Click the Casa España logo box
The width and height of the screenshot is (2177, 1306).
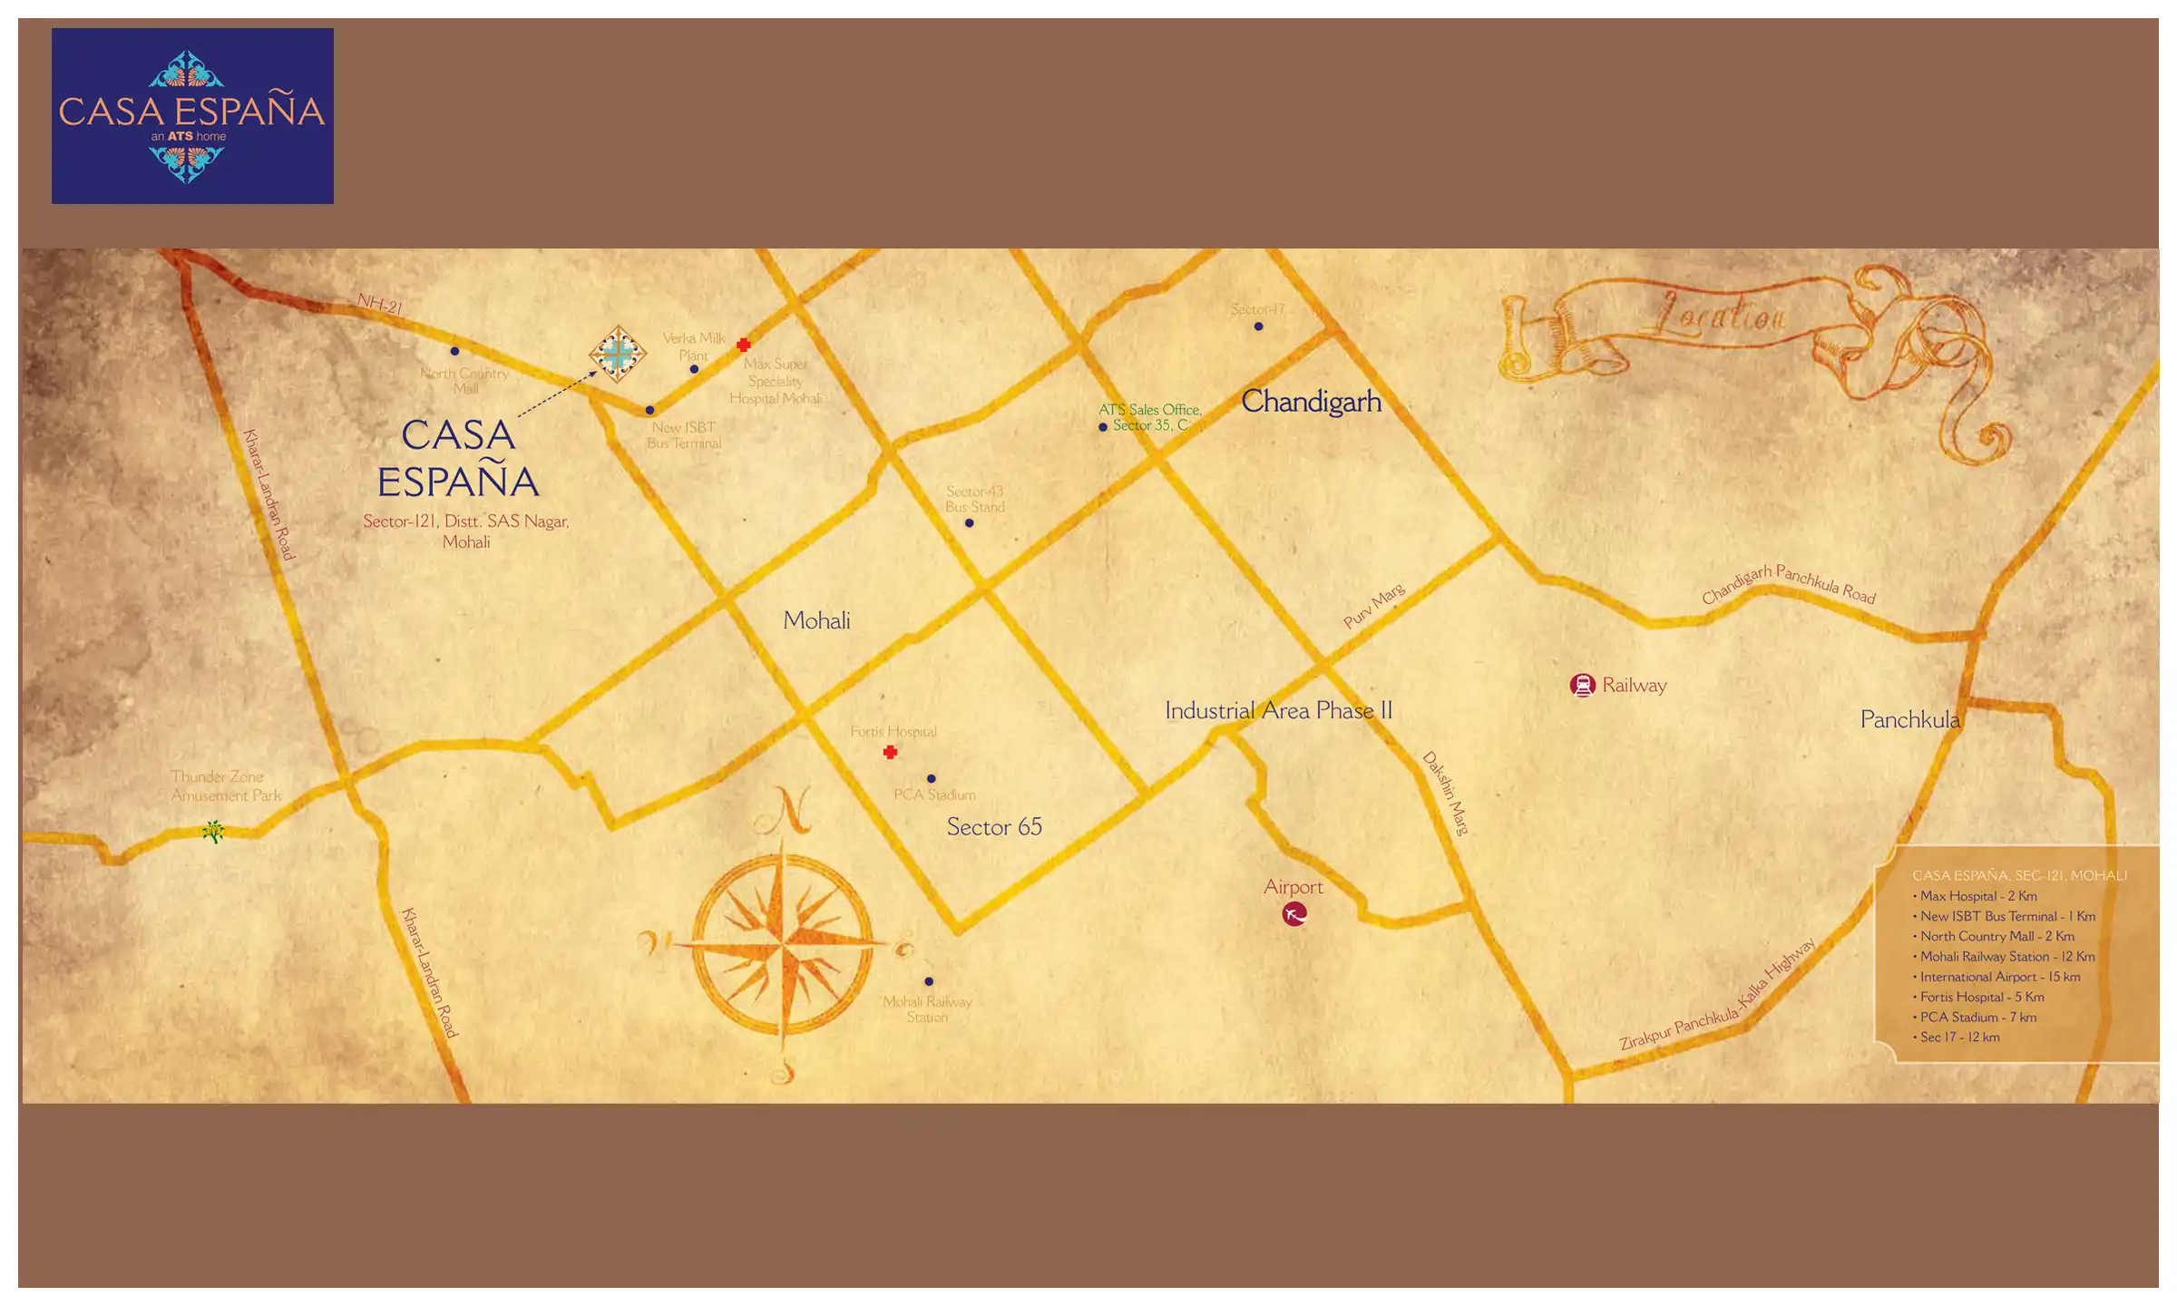pyautogui.click(x=192, y=115)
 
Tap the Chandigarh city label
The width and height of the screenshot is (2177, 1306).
pyautogui.click(x=1311, y=401)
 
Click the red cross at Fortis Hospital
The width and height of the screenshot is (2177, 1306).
pyautogui.click(x=890, y=752)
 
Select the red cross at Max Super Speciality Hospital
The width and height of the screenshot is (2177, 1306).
pyautogui.click(x=744, y=345)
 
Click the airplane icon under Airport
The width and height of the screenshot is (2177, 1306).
pyautogui.click(x=1294, y=914)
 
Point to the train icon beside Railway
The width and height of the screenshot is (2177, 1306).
pyautogui.click(x=1582, y=685)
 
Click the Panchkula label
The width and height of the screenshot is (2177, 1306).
pyautogui.click(x=1909, y=719)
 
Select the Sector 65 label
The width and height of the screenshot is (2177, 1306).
pyautogui.click(x=994, y=826)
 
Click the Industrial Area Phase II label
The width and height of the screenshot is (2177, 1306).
pyautogui.click(x=1278, y=710)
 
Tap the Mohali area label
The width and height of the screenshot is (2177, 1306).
pyautogui.click(x=816, y=620)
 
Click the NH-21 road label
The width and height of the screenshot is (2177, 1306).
pyautogui.click(x=379, y=303)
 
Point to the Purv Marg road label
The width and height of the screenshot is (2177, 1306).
pyautogui.click(x=1373, y=606)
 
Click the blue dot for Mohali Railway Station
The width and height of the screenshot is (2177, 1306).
pyautogui.click(x=929, y=981)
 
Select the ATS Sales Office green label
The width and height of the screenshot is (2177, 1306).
pyautogui.click(x=1149, y=417)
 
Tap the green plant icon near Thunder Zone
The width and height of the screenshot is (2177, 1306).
pyautogui.click(x=213, y=831)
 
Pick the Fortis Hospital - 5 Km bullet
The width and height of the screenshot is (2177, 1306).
pyautogui.click(x=1981, y=997)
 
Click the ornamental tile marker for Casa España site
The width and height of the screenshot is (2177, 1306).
pyautogui.click(x=618, y=354)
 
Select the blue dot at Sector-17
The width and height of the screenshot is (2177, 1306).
pyautogui.click(x=1258, y=326)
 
